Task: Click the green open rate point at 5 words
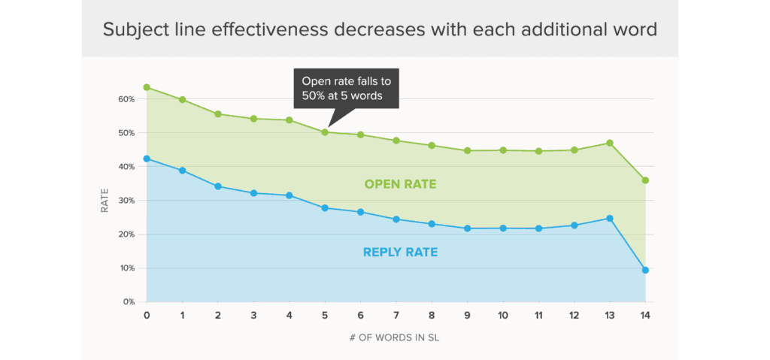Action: tap(325, 132)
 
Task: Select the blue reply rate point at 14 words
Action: tap(645, 270)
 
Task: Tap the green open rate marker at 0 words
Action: tap(147, 87)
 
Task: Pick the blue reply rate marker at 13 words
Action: tap(610, 219)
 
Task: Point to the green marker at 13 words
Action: tap(610, 143)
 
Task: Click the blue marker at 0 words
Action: tap(147, 159)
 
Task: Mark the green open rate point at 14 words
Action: tap(645, 180)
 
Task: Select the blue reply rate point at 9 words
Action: tap(467, 228)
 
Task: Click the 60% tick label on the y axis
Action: tap(126, 99)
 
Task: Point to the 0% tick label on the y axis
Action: tap(128, 302)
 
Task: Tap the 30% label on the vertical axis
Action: tap(126, 201)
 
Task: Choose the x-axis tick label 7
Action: tap(396, 316)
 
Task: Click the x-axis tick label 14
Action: tap(645, 316)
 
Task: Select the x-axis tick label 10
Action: tap(503, 316)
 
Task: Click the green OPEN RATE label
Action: tap(400, 184)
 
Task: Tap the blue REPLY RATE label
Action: tap(400, 253)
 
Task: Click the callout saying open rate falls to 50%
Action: tap(346, 89)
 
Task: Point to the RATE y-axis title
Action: tap(105, 201)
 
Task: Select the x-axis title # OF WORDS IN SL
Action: tap(396, 338)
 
